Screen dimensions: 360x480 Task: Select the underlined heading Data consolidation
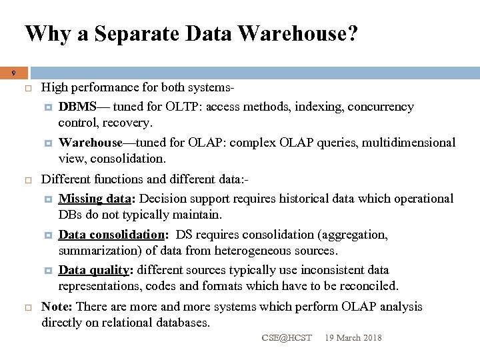[x=111, y=235]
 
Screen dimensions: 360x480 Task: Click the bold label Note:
[x=58, y=307]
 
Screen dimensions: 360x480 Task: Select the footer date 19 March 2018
[x=353, y=338]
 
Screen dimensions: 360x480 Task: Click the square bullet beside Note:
[x=29, y=307]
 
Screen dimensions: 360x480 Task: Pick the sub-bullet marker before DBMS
[x=49, y=107]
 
